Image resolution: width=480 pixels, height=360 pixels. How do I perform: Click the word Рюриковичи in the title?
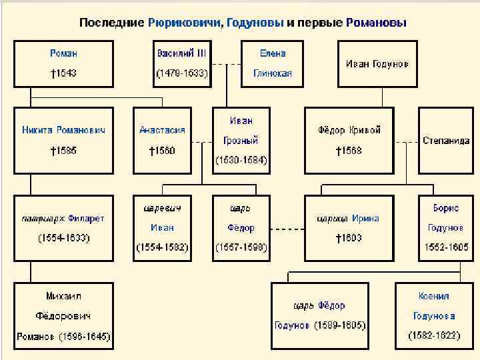(x=184, y=23)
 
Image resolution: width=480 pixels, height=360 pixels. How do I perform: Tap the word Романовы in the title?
(x=376, y=23)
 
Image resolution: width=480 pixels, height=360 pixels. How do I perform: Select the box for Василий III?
(x=181, y=63)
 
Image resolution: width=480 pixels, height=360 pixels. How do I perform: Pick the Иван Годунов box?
(x=377, y=64)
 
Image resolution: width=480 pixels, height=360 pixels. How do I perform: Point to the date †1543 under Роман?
(x=63, y=74)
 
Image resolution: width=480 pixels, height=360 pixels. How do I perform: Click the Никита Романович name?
(x=63, y=130)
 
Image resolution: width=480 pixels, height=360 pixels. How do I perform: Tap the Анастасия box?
(x=162, y=140)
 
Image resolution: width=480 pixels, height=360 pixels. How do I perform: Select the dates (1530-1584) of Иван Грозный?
(x=241, y=160)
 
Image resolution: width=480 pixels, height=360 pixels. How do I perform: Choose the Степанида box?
(x=446, y=141)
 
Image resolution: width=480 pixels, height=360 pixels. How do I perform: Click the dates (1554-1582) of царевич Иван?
(x=162, y=247)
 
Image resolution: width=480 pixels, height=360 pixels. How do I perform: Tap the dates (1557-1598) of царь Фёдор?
(x=241, y=247)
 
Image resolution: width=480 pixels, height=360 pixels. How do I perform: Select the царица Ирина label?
(x=349, y=218)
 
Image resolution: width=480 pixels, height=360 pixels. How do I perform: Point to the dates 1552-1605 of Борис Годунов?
(x=446, y=247)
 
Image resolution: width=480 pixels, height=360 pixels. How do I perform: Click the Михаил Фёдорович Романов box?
(x=64, y=315)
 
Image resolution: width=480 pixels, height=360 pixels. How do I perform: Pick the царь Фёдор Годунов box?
(x=319, y=315)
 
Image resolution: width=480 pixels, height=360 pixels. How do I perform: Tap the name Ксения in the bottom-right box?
(x=434, y=296)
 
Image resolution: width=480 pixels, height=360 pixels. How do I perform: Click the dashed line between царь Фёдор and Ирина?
(x=287, y=228)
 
